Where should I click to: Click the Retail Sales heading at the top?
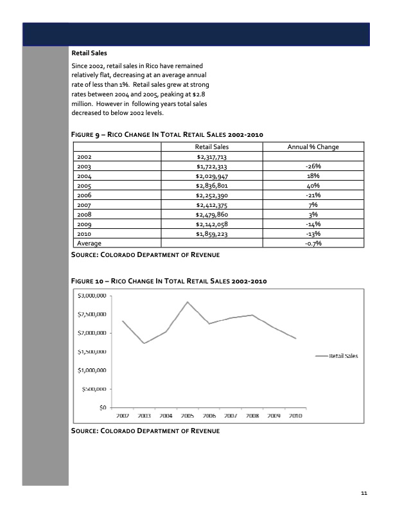click(x=91, y=53)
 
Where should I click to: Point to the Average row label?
click(x=89, y=244)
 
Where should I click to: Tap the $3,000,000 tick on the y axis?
click(x=92, y=296)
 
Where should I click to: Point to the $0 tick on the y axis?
click(x=101, y=407)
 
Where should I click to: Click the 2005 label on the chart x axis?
click(x=187, y=416)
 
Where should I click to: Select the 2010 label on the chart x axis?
click(x=295, y=416)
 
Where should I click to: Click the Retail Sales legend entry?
click(x=344, y=355)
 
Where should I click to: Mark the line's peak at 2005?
click(x=187, y=301)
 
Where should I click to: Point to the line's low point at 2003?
click(x=144, y=343)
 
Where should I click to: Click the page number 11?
click(x=364, y=493)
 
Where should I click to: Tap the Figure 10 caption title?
click(x=168, y=281)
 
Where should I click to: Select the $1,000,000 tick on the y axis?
click(x=92, y=370)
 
